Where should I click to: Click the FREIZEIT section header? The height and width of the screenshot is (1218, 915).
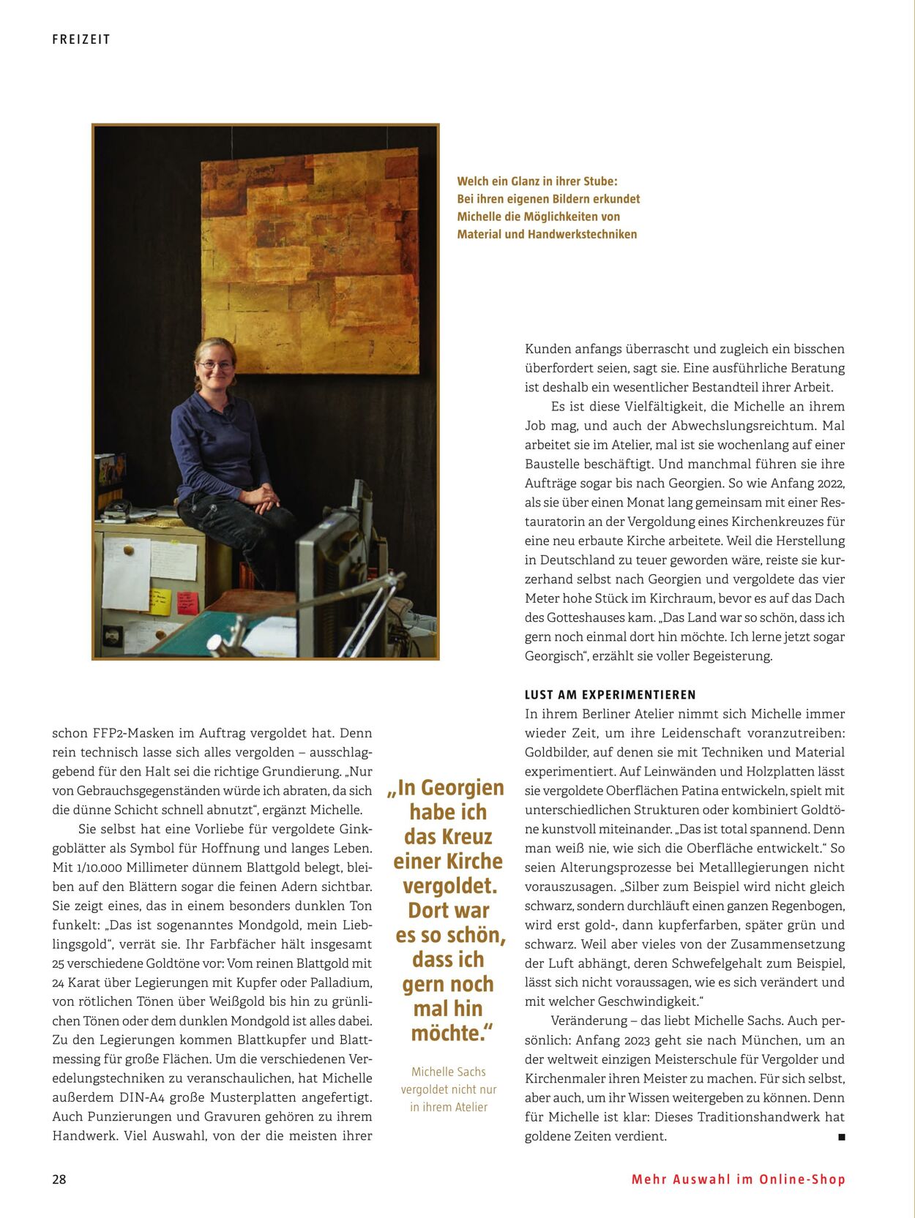tap(81, 40)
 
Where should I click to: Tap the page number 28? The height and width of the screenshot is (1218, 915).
tap(59, 1179)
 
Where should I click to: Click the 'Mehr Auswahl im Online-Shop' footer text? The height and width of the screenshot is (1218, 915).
tap(738, 1179)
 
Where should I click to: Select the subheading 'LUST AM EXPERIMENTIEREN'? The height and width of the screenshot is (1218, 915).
tap(610, 694)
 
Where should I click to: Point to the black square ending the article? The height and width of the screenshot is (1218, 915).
tap(841, 1137)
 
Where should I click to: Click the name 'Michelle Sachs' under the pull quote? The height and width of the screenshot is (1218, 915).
tap(449, 1072)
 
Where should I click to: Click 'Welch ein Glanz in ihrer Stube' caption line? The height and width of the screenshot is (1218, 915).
tap(537, 181)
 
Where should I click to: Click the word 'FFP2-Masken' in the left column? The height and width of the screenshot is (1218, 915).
tap(134, 733)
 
